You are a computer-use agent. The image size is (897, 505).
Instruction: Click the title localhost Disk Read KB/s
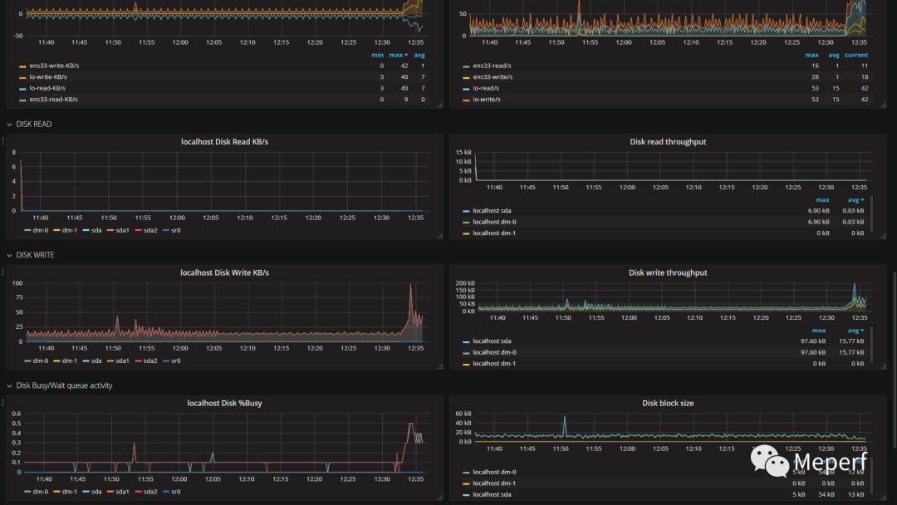(x=224, y=142)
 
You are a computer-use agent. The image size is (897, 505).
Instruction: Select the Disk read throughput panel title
(x=668, y=142)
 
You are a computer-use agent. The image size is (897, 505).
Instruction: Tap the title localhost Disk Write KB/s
(x=224, y=272)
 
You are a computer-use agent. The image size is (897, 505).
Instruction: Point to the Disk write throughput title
(x=668, y=272)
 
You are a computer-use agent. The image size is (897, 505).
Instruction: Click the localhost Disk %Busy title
(x=224, y=404)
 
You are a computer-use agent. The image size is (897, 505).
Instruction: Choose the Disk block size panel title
(x=668, y=404)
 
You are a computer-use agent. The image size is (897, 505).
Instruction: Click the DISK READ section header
(x=33, y=124)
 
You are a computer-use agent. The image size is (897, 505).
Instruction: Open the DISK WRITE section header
(x=35, y=255)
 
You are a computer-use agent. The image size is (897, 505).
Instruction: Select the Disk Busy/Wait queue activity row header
(x=64, y=385)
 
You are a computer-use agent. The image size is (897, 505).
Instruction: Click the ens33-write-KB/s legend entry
(x=54, y=66)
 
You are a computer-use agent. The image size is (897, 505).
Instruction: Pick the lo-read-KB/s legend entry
(x=47, y=88)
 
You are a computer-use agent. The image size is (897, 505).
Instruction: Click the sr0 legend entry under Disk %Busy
(x=174, y=492)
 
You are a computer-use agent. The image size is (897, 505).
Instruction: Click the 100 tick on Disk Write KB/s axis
(x=17, y=283)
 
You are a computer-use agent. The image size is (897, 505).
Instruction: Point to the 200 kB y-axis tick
(x=463, y=283)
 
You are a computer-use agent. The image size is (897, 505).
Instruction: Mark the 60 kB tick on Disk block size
(x=463, y=414)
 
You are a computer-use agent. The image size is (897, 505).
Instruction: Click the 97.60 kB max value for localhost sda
(x=818, y=341)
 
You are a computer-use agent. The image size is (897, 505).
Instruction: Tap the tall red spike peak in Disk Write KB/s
(x=410, y=286)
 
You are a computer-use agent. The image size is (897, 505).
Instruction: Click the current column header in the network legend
(x=856, y=55)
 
